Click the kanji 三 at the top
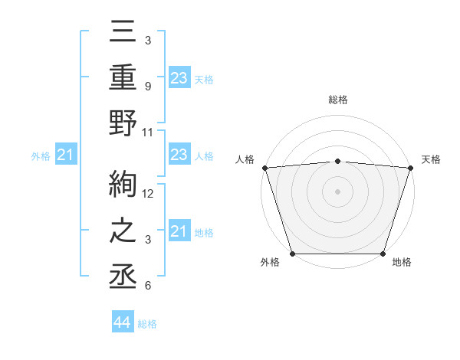tap(123, 34)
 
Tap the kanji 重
tap(123, 80)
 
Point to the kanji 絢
tap(123, 185)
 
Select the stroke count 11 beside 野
tap(149, 132)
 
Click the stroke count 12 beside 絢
tap(149, 194)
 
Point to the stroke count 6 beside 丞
tap(147, 286)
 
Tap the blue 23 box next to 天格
tap(179, 78)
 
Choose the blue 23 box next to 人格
tap(179, 155)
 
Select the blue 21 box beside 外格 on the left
tap(66, 155)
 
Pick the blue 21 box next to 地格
tap(179, 231)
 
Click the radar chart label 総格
tap(337, 100)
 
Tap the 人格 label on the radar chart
tap(246, 159)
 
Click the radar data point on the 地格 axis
tap(383, 254)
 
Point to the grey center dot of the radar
tap(337, 191)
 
